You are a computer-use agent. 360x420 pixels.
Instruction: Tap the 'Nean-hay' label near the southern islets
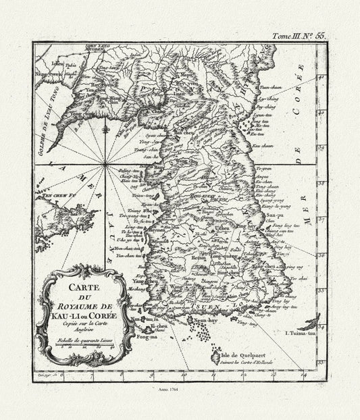point(206,323)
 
